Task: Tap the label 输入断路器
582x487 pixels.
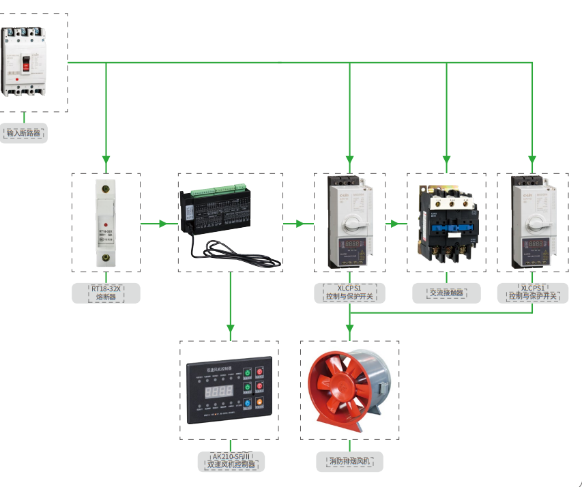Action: pyautogui.click(x=24, y=133)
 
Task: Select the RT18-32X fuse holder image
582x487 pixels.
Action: pyautogui.click(x=106, y=222)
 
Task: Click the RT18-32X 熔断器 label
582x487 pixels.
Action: pyautogui.click(x=106, y=293)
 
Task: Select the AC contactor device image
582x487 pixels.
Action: pyautogui.click(x=447, y=222)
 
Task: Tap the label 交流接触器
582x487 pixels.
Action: pyautogui.click(x=446, y=293)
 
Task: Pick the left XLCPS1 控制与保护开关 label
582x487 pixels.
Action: pyautogui.click(x=349, y=293)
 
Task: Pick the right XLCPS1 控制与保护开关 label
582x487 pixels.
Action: pyautogui.click(x=533, y=293)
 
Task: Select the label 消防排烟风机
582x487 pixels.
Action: pyautogui.click(x=349, y=461)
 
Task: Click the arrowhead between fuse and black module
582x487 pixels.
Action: pyautogui.click(x=163, y=223)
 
